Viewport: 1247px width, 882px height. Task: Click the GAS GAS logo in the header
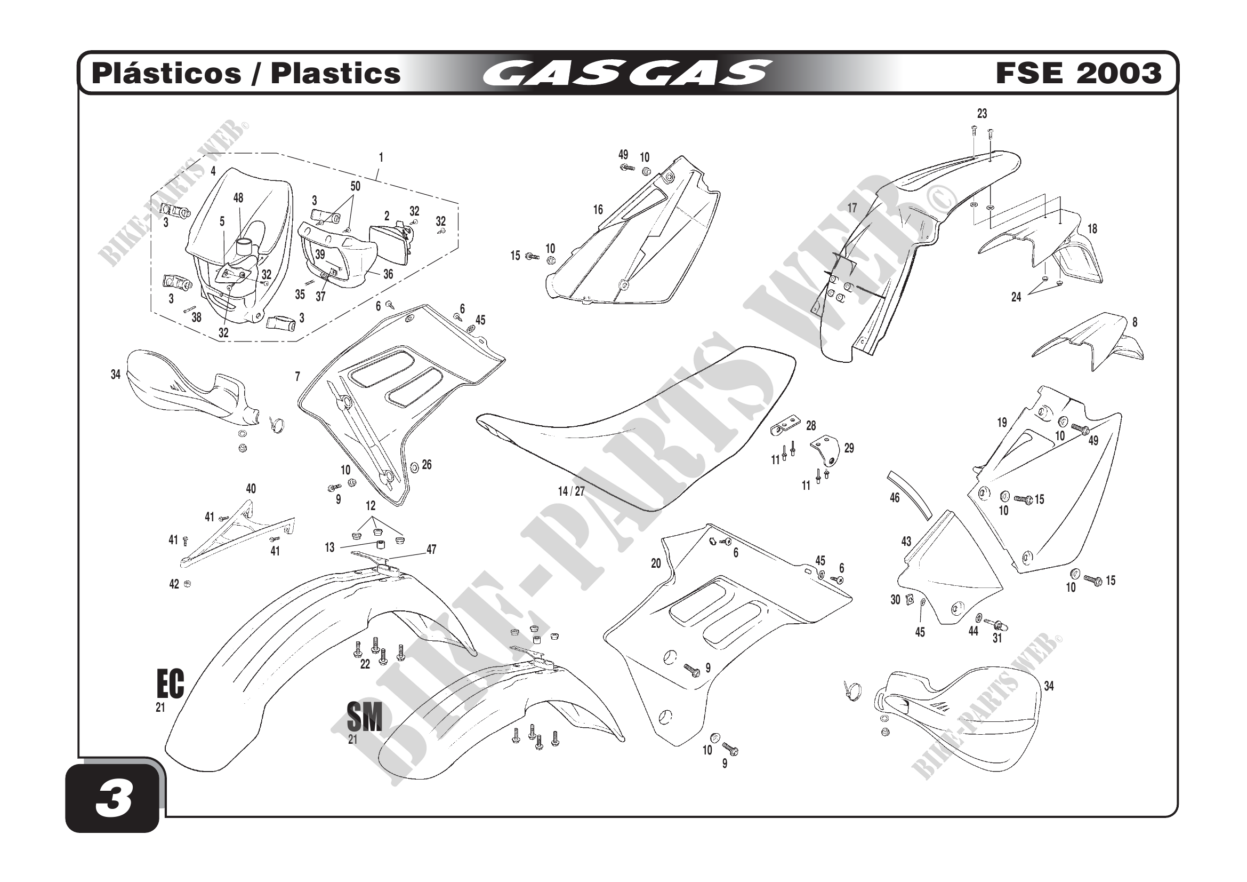626,73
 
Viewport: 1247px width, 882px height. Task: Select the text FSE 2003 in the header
1078,73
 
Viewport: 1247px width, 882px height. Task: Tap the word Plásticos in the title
166,73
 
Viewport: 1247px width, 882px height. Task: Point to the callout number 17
852,208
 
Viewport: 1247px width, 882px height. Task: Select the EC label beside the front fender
170,684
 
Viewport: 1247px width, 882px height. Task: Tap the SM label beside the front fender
365,717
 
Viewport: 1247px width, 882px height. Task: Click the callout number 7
297,376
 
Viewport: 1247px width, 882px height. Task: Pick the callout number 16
598,210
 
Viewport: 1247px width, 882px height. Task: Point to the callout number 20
656,563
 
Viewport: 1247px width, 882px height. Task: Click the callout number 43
906,541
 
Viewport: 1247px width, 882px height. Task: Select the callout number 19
1002,422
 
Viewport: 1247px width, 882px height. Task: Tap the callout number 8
1135,322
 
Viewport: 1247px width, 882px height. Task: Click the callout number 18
1092,229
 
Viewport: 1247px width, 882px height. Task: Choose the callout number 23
982,114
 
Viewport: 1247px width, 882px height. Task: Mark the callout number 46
895,497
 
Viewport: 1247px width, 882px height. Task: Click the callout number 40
251,489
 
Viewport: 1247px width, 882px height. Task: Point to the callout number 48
238,198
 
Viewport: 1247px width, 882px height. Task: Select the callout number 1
381,157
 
